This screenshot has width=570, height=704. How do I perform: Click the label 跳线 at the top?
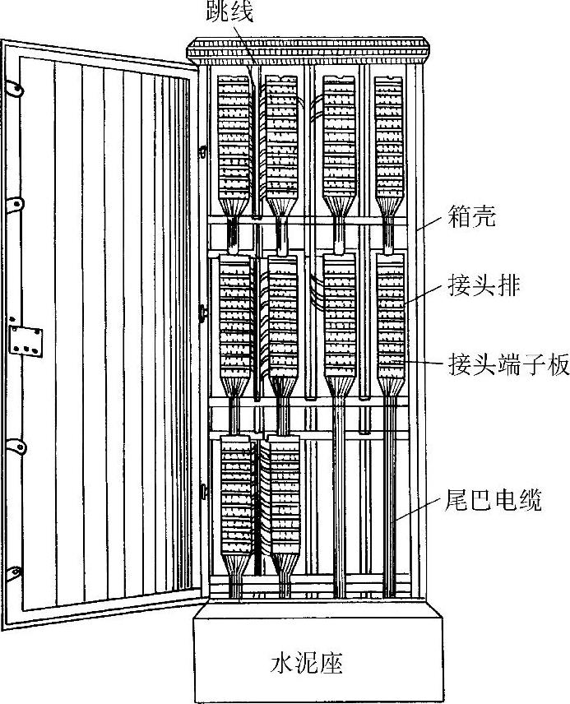click(231, 11)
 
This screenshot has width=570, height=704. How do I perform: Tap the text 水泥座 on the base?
click(307, 663)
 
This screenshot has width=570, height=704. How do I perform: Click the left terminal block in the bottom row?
click(237, 493)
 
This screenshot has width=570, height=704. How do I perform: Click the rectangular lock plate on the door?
click(24, 340)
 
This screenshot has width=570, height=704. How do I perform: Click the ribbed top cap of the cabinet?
click(309, 52)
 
